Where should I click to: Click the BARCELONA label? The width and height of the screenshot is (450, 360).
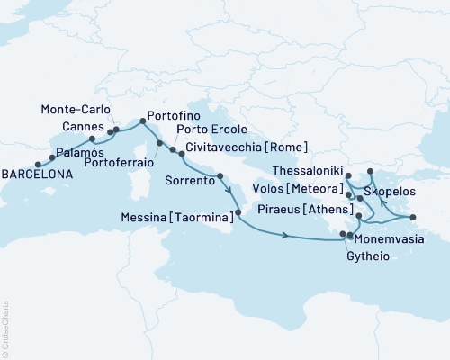pos(37,176)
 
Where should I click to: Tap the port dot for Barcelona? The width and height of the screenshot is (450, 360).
pos(38,165)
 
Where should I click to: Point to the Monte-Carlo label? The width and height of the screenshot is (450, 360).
pos(75,109)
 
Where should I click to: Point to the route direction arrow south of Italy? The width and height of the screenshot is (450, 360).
pos(286,237)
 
